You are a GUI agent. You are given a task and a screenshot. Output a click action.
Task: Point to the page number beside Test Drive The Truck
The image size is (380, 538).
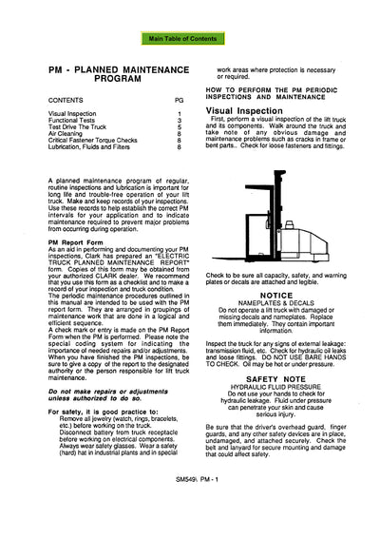pos(180,127)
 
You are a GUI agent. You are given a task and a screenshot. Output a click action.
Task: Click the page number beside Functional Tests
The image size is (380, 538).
pos(180,120)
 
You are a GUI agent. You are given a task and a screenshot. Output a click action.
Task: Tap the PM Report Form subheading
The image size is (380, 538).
pos(75,242)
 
